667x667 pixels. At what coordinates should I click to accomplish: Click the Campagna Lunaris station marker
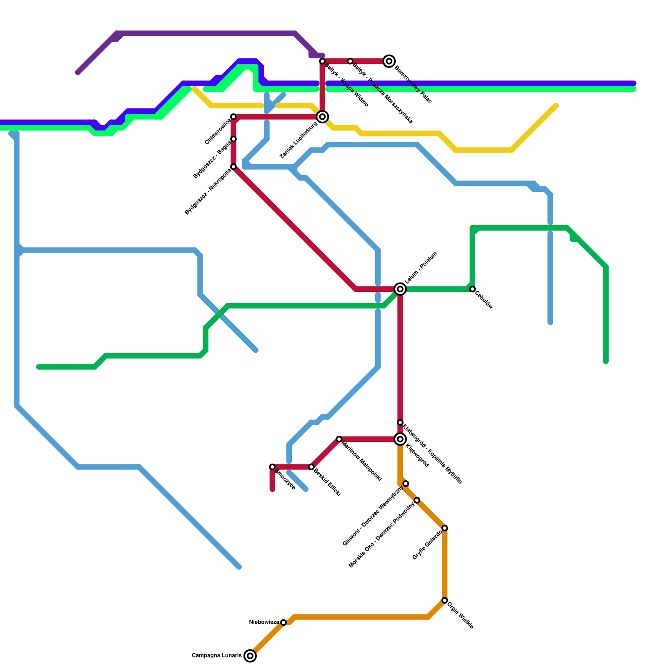(250, 656)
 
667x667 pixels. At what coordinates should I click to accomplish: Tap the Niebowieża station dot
(283, 622)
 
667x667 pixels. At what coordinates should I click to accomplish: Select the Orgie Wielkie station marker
(445, 600)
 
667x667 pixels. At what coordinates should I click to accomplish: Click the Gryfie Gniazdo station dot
(445, 528)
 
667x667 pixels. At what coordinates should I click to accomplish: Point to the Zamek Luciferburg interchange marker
(322, 117)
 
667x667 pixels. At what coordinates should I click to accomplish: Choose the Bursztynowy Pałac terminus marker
(389, 61)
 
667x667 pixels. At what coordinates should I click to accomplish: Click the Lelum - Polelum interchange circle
(400, 289)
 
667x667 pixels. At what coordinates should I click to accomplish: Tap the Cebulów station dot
(472, 289)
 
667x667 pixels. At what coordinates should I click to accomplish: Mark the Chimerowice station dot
(233, 117)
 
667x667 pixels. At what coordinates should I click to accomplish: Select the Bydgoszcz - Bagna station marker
(233, 139)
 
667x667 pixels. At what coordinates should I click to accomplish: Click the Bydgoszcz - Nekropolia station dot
(233, 167)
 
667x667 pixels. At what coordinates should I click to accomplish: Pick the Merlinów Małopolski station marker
(339, 439)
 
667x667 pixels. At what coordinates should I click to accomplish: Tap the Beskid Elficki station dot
(311, 467)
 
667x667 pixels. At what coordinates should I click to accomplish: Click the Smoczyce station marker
(272, 467)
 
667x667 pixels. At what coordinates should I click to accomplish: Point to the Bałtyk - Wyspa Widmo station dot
(322, 61)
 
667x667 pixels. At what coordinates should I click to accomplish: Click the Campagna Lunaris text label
(216, 656)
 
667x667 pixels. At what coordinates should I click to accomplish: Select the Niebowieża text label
(264, 622)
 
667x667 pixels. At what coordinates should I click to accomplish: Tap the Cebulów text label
(484, 300)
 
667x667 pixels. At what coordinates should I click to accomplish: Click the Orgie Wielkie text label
(460, 615)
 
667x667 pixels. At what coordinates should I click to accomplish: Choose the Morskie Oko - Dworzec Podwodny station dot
(417, 500)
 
